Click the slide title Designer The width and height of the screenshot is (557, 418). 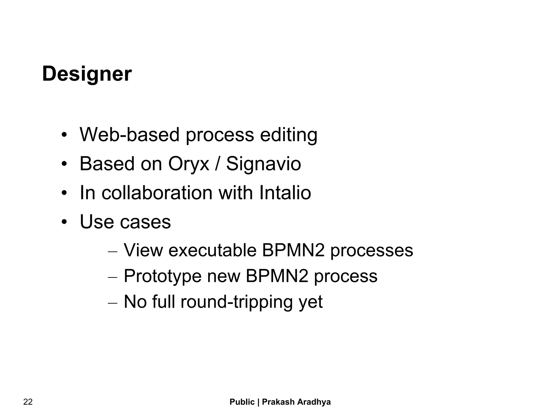[x=87, y=74]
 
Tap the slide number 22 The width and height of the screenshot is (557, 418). [x=28, y=402]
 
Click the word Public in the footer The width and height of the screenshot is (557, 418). [x=242, y=402]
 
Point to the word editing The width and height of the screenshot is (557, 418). [x=289, y=135]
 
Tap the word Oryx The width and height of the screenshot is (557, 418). [x=189, y=164]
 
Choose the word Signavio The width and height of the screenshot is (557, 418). [x=264, y=164]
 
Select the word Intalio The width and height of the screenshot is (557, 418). [x=285, y=193]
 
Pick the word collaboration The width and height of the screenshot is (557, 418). [x=157, y=193]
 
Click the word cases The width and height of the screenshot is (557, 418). [x=146, y=222]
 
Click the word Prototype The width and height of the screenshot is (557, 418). [x=163, y=276]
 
